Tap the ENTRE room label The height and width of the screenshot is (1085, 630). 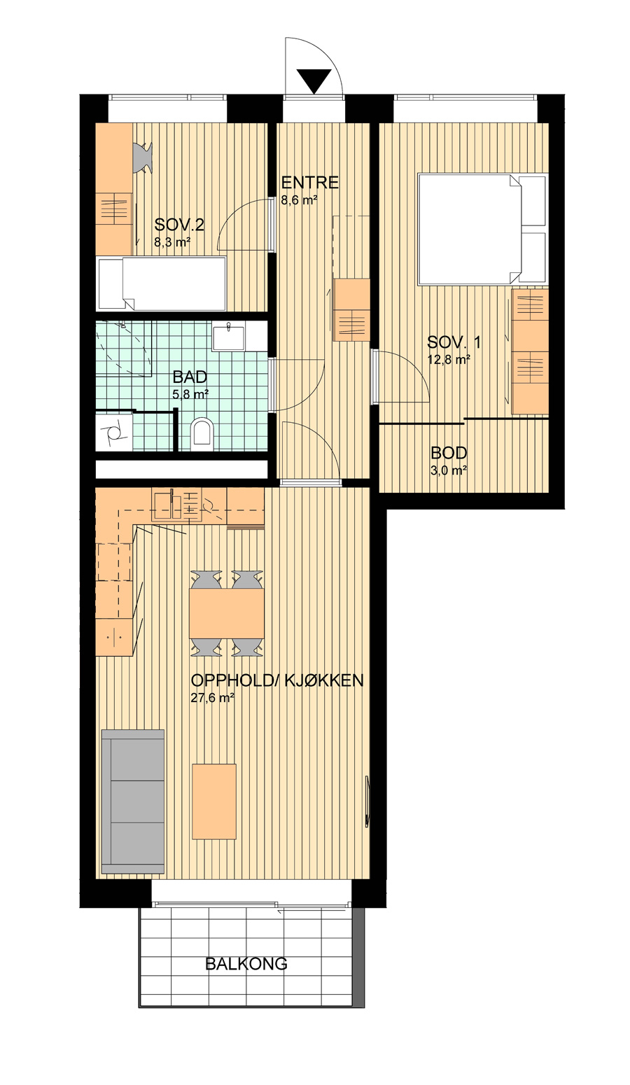pyautogui.click(x=310, y=183)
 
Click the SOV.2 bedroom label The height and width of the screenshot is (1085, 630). pyautogui.click(x=179, y=225)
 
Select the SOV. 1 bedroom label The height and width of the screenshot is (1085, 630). pyautogui.click(x=454, y=342)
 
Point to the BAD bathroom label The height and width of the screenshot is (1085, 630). pyautogui.click(x=190, y=377)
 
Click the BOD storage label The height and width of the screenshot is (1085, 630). pyautogui.click(x=449, y=453)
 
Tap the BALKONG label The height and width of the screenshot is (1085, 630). pyautogui.click(x=246, y=963)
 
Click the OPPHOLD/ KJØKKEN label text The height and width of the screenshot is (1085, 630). pyautogui.click(x=277, y=680)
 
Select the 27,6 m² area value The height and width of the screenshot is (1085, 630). pyautogui.click(x=213, y=697)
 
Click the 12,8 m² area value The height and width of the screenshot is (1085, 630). pyautogui.click(x=449, y=359)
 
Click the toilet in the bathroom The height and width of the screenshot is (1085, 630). pyautogui.click(x=202, y=432)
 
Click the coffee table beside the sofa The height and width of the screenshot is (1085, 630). pyautogui.click(x=214, y=801)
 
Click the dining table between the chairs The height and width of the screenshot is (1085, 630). pyautogui.click(x=227, y=612)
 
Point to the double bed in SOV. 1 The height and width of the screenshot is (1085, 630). pyautogui.click(x=482, y=229)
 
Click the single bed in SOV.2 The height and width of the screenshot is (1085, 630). pyautogui.click(x=162, y=283)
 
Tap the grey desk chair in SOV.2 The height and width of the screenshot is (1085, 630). pyautogui.click(x=143, y=156)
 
